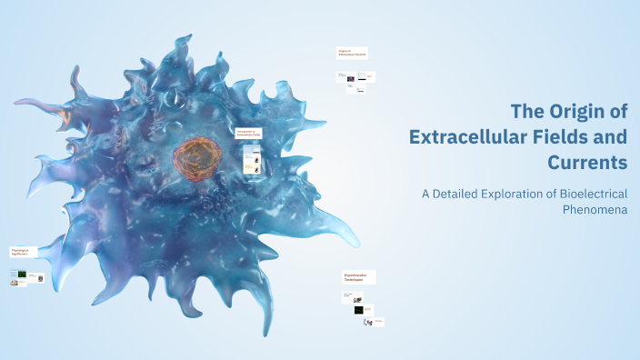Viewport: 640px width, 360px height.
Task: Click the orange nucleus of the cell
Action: pos(196,155)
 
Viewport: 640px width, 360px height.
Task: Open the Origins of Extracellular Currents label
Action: pos(352,53)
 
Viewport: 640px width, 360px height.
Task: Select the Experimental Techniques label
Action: pos(359,277)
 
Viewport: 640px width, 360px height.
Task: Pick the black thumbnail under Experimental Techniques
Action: pos(360,310)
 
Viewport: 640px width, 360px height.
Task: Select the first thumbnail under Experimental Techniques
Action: pos(350,295)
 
